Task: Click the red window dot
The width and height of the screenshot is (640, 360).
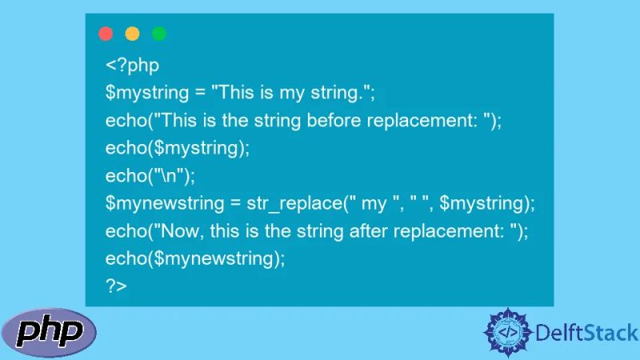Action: point(106,34)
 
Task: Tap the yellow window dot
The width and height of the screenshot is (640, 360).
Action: point(132,34)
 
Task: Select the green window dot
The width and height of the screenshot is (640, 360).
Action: point(159,34)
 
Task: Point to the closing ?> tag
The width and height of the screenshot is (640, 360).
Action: point(116,286)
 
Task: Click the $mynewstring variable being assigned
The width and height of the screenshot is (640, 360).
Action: point(160,204)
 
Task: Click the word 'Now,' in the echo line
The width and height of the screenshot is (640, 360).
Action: point(182,231)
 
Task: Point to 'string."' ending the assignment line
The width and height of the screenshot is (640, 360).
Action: point(342,93)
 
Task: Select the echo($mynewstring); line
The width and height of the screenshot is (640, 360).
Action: point(194,258)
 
